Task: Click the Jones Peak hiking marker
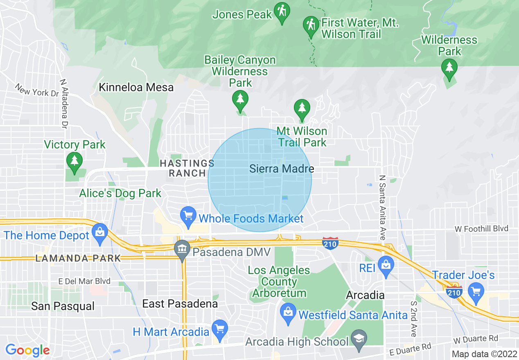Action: point(282,12)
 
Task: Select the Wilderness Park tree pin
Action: point(449,68)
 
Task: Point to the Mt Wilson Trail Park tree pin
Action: point(302,109)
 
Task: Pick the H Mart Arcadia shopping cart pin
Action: point(220,329)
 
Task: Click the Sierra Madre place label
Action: point(282,169)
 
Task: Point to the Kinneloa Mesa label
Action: point(136,87)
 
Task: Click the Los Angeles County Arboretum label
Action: point(279,281)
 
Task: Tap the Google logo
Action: point(27,350)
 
